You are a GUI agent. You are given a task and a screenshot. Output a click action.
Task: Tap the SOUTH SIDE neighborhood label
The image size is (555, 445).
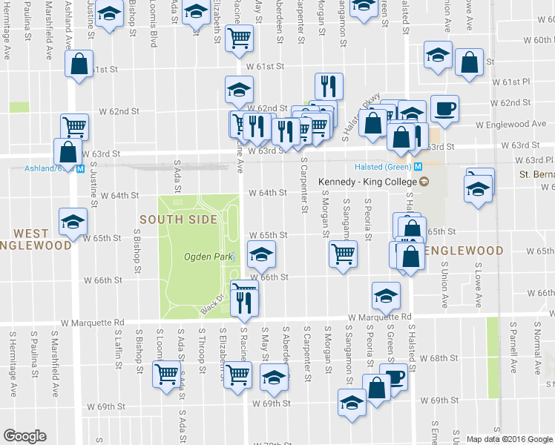click(x=178, y=220)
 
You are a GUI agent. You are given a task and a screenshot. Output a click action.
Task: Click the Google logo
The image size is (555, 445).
click(x=24, y=436)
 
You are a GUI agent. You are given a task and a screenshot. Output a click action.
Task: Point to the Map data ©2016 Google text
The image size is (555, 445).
click(x=509, y=438)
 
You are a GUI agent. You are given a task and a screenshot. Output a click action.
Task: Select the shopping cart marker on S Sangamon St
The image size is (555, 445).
click(x=343, y=254)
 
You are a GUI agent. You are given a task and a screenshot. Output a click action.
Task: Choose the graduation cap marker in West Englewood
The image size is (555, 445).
click(x=73, y=222)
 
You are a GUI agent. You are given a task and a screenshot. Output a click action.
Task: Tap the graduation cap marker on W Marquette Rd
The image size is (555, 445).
click(x=386, y=297)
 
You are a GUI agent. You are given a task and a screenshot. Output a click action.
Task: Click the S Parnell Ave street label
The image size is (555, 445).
click(x=513, y=349)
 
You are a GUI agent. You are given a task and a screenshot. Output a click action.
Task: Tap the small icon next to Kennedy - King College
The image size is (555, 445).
click(x=424, y=182)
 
